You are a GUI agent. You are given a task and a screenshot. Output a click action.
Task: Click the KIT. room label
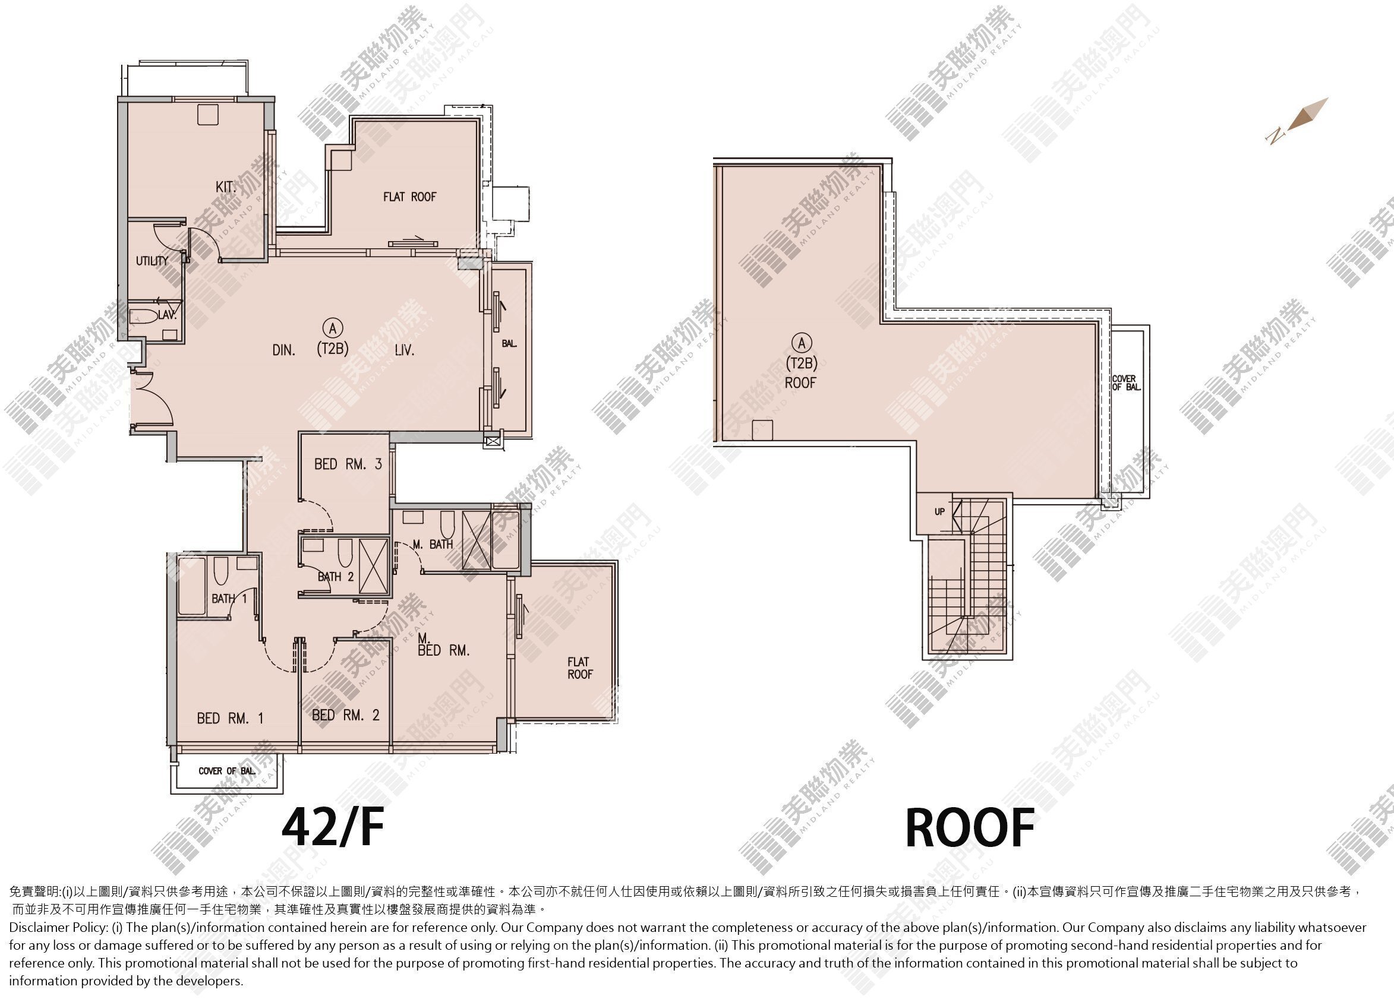pyautogui.click(x=226, y=186)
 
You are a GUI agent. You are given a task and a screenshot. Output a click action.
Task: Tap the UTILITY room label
pyautogui.click(x=152, y=261)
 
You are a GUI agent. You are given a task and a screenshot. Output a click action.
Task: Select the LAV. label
pyautogui.click(x=167, y=315)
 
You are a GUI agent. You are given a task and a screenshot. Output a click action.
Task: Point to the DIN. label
pyautogui.click(x=284, y=350)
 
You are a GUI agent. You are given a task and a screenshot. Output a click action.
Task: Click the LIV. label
pyautogui.click(x=405, y=350)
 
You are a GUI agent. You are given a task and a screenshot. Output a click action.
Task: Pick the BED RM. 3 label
pyautogui.click(x=348, y=464)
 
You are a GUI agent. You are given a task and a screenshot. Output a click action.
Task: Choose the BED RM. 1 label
pyautogui.click(x=230, y=717)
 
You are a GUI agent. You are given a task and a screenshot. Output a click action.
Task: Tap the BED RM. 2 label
pyautogui.click(x=345, y=715)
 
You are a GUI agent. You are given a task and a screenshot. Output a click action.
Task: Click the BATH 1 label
pyautogui.click(x=229, y=598)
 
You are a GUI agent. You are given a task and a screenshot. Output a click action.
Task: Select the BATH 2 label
pyautogui.click(x=336, y=576)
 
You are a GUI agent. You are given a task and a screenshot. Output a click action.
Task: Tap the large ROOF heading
pyautogui.click(x=970, y=828)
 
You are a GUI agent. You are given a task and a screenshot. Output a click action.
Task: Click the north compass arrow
pyautogui.click(x=1298, y=121)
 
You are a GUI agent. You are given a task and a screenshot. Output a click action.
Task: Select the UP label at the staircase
pyautogui.click(x=940, y=511)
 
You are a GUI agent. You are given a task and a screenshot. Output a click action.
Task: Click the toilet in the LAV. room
pyautogui.click(x=144, y=316)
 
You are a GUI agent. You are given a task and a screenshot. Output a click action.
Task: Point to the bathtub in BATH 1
pyautogui.click(x=191, y=586)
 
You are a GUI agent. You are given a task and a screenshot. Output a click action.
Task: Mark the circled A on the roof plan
pyautogui.click(x=801, y=342)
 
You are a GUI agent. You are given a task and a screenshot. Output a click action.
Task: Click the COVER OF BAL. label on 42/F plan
pyautogui.click(x=227, y=770)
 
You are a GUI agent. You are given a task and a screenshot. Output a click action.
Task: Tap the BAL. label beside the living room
pyautogui.click(x=509, y=343)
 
